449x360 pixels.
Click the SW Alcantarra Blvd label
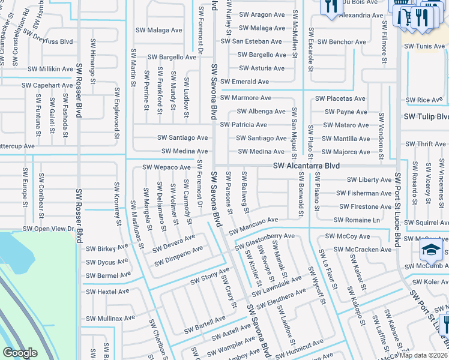click(x=306, y=165)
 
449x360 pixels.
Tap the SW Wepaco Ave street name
click(x=166, y=167)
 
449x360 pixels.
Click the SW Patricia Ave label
click(x=243, y=125)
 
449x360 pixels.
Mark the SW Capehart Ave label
click(x=47, y=85)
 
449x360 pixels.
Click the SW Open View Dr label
click(x=48, y=229)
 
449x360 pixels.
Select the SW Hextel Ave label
click(x=107, y=292)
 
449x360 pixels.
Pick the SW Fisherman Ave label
click(x=364, y=193)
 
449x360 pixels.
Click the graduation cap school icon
click(x=431, y=250)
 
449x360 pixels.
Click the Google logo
click(x=20, y=353)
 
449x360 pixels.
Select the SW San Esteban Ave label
click(x=251, y=41)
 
